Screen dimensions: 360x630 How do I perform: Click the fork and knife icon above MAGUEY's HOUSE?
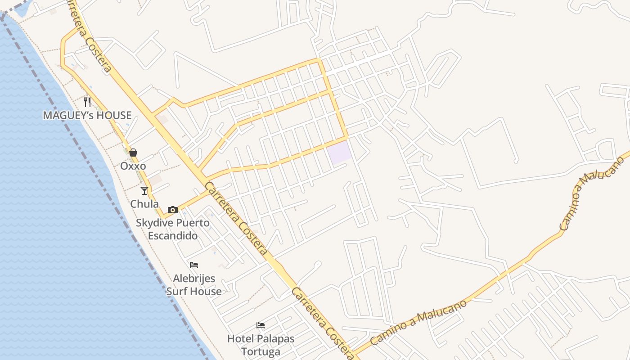pyautogui.click(x=87, y=102)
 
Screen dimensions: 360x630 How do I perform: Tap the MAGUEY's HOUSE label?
pyautogui.click(x=87, y=115)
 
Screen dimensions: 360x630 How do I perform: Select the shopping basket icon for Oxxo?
pyautogui.click(x=133, y=153)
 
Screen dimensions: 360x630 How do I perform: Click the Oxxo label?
pyautogui.click(x=133, y=166)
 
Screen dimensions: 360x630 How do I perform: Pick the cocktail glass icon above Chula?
pyautogui.click(x=144, y=191)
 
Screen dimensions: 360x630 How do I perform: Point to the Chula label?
pyautogui.click(x=144, y=204)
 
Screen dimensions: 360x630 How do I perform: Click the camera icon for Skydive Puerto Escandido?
pyautogui.click(x=172, y=210)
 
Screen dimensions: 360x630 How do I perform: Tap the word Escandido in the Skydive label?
pyautogui.click(x=173, y=235)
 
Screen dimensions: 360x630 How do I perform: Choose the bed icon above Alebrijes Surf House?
pyautogui.click(x=194, y=265)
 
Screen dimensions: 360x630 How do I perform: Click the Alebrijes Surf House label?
pyautogui.click(x=194, y=285)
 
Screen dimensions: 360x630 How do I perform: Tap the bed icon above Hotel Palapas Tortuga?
pyautogui.click(x=261, y=325)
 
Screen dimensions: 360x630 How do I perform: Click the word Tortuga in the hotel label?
pyautogui.click(x=261, y=351)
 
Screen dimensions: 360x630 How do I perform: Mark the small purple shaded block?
pyautogui.click(x=339, y=153)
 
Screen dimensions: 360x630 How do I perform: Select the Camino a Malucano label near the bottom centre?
pyautogui.click(x=419, y=323)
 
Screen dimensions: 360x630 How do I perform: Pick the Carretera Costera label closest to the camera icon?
pyautogui.click(x=236, y=217)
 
